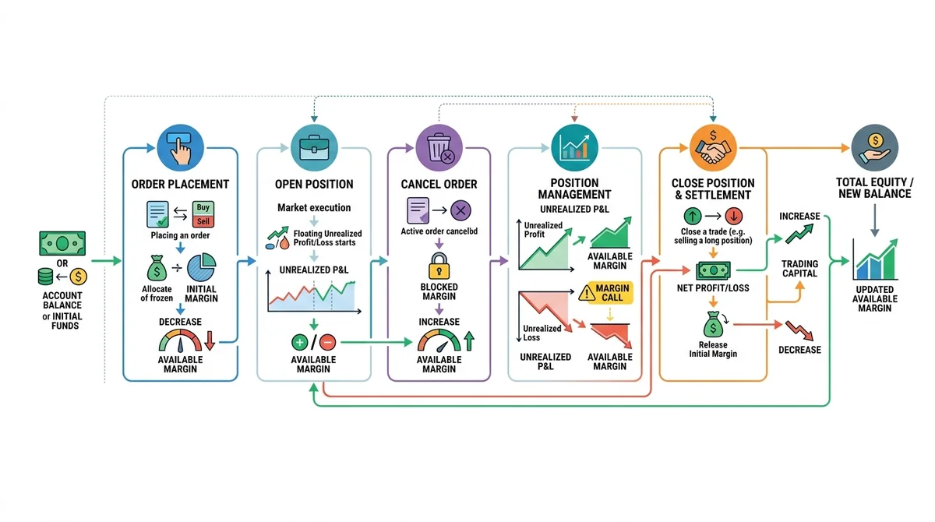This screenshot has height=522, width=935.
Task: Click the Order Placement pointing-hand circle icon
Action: (180, 147)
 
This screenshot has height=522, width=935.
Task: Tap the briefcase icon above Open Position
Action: (314, 147)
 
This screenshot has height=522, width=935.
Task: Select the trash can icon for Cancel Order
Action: (439, 147)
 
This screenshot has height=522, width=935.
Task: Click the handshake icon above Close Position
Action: (713, 147)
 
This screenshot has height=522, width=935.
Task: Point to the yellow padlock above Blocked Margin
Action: (439, 266)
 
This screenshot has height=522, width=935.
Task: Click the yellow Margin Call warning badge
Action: (605, 293)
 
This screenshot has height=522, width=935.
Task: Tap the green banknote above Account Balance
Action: (62, 243)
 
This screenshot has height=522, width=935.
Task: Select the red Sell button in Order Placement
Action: (203, 221)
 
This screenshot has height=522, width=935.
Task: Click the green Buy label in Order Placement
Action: (203, 208)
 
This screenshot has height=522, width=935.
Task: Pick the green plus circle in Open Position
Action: (299, 342)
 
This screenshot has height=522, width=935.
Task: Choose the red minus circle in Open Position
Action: (328, 342)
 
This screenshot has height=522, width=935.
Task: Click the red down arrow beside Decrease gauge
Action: (210, 340)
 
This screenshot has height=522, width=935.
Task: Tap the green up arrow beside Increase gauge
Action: (469, 340)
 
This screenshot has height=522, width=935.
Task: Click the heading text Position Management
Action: (574, 189)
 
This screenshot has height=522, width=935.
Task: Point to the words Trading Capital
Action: (799, 269)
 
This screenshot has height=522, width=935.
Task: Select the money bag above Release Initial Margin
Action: (713, 324)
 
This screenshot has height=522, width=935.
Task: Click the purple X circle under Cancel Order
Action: (460, 210)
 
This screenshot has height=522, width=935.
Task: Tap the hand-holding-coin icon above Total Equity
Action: (875, 147)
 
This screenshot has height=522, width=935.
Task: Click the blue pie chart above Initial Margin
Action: (202, 267)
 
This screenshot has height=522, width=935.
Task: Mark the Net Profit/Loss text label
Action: (713, 288)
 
